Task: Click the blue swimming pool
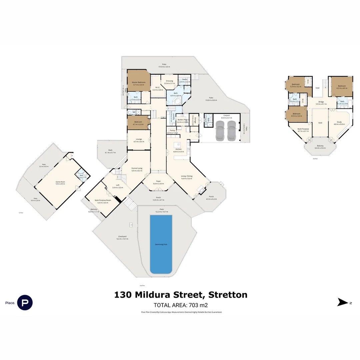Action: pos(161,244)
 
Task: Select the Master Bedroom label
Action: pos(139,82)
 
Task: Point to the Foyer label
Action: pos(158,181)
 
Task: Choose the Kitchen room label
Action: pos(179,149)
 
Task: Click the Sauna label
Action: pos(184,79)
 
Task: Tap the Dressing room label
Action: pos(169,81)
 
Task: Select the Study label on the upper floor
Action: pos(339,122)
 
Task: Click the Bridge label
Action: pos(321,102)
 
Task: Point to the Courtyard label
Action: pos(122,237)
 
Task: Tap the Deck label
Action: pos(110,150)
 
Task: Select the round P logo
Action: pos(25,303)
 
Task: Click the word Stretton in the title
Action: pos(228,295)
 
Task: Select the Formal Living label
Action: pos(137,168)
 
